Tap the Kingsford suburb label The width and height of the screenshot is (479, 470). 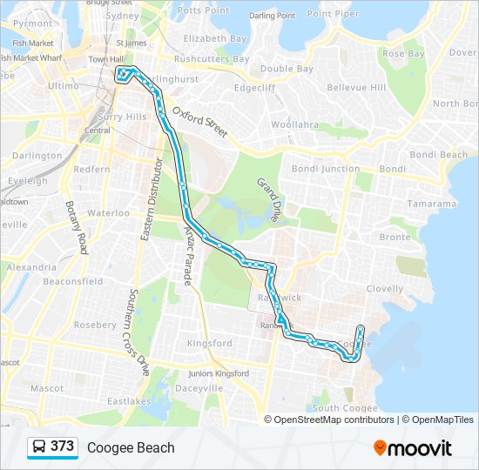click(x=210, y=343)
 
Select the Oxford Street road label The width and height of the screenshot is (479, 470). click(x=199, y=123)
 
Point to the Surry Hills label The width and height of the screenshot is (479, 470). click(x=123, y=117)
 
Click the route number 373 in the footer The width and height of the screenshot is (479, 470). click(x=62, y=446)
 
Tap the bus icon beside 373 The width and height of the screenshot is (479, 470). click(x=39, y=447)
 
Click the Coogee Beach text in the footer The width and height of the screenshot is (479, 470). click(x=131, y=448)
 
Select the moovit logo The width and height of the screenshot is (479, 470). click(x=413, y=448)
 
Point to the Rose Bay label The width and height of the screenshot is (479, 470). click(x=403, y=53)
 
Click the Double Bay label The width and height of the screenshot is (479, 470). click(x=287, y=69)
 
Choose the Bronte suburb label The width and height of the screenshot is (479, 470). click(x=395, y=237)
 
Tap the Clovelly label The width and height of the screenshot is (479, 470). click(x=385, y=288)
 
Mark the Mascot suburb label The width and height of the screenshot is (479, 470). click(x=46, y=387)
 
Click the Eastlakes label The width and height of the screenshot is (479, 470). click(x=129, y=401)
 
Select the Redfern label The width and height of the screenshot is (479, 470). click(x=92, y=169)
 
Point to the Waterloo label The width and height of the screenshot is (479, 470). click(x=108, y=212)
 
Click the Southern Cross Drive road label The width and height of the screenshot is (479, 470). click(x=138, y=331)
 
